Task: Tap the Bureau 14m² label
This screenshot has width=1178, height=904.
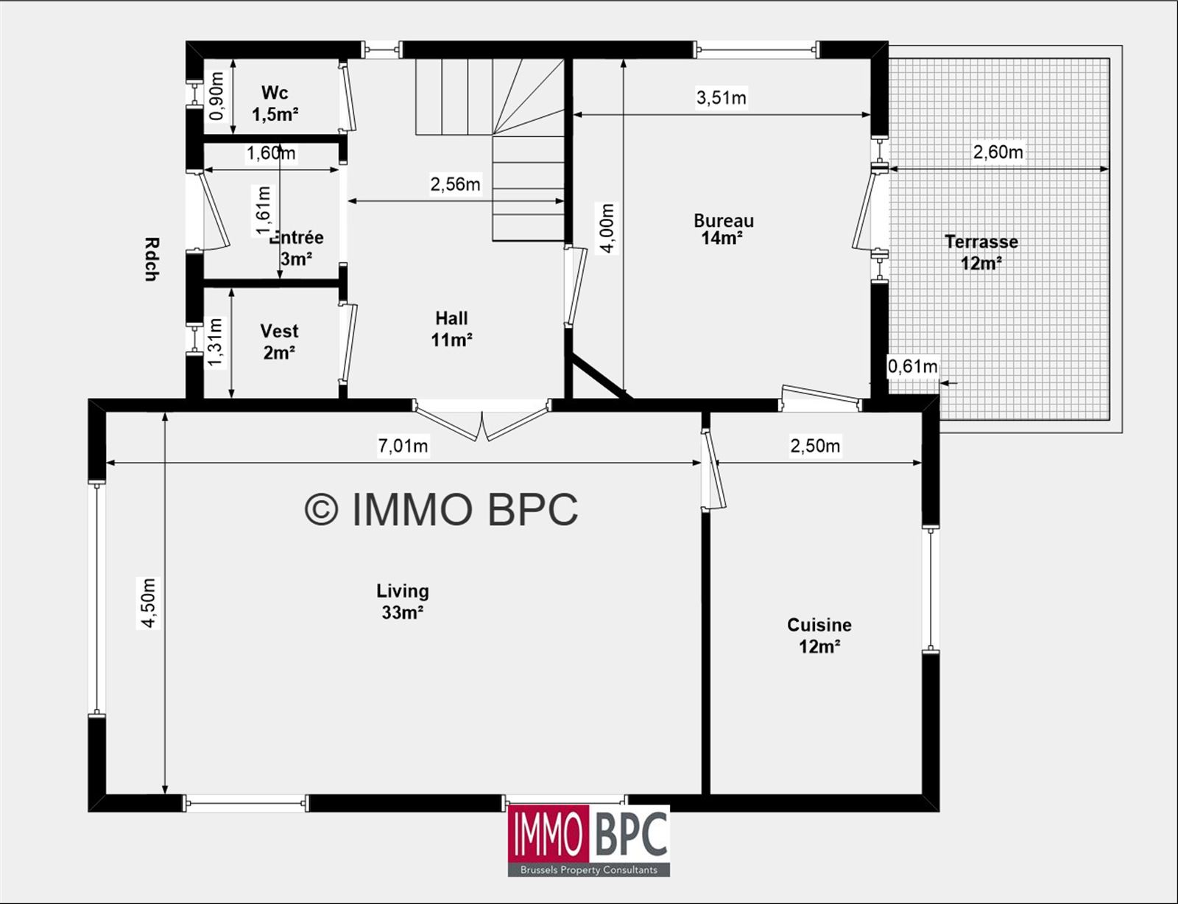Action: point(724,229)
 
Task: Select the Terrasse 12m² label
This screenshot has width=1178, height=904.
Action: point(981,252)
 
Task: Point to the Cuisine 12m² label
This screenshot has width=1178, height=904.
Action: point(819,636)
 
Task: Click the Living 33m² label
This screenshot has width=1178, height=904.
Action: point(403,601)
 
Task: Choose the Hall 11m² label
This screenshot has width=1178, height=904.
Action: point(451,329)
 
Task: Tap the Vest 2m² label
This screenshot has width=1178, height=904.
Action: point(279,342)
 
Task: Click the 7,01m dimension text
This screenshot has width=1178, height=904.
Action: point(403,446)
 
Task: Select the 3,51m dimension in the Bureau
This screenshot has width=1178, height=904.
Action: point(721,97)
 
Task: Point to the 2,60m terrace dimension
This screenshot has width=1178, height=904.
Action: point(998,152)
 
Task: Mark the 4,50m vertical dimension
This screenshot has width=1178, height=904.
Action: point(149,603)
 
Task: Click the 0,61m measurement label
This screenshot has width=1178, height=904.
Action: point(912,367)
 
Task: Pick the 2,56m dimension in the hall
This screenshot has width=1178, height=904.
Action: point(455,184)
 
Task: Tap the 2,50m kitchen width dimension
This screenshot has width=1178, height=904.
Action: point(815,446)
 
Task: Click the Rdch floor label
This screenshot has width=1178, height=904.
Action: point(152,259)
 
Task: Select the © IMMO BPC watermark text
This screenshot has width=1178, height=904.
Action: point(441,509)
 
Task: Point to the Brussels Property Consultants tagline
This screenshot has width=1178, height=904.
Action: point(589,870)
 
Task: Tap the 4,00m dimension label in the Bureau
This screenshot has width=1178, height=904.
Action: point(607,228)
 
